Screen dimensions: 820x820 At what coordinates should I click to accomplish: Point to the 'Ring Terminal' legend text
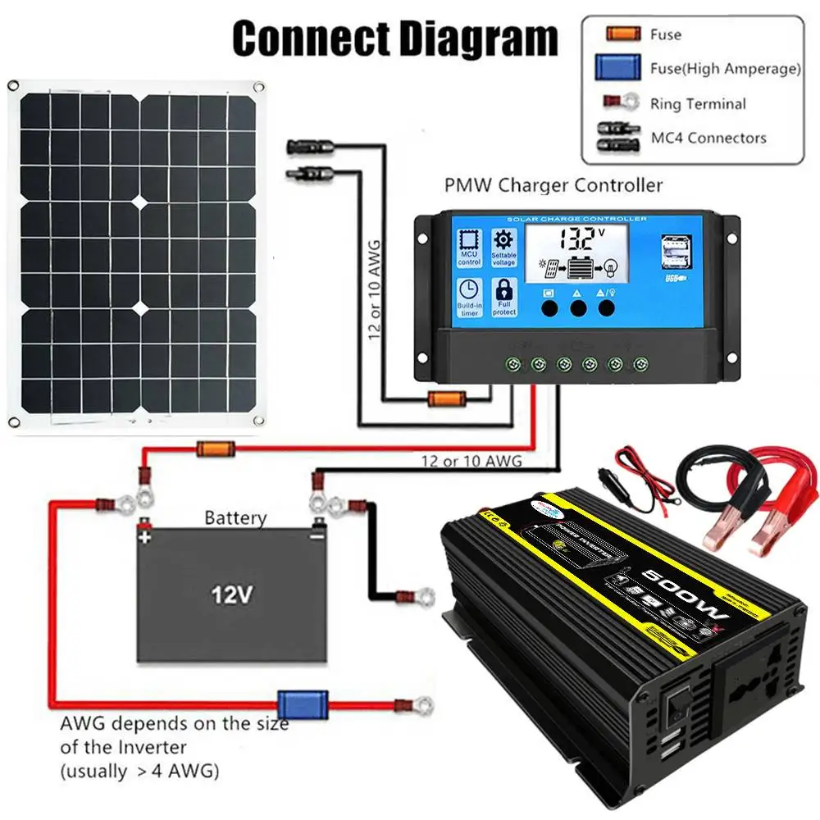coord(698,104)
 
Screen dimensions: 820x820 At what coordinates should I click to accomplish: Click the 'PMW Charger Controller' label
coord(553,185)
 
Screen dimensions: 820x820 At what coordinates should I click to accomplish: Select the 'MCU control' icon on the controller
coord(468,248)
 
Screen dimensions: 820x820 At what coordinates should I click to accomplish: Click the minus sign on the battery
coord(317,538)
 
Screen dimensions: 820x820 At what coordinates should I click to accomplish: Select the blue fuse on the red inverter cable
coord(291,703)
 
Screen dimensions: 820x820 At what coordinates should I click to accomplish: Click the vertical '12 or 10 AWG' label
coord(375,287)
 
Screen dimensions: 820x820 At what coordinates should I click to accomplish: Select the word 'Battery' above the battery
coord(235,518)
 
